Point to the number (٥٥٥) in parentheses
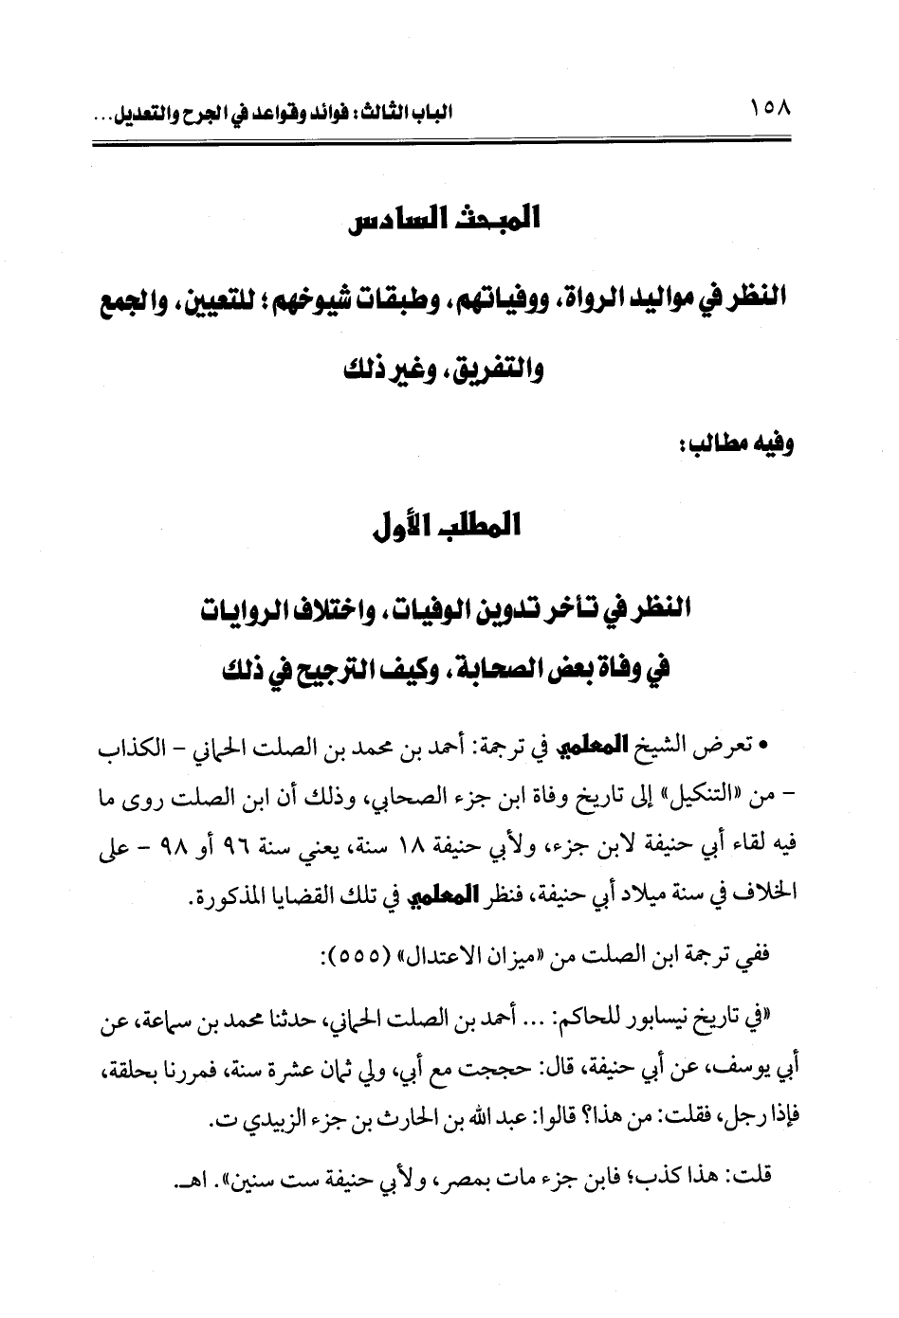tap(352, 956)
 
